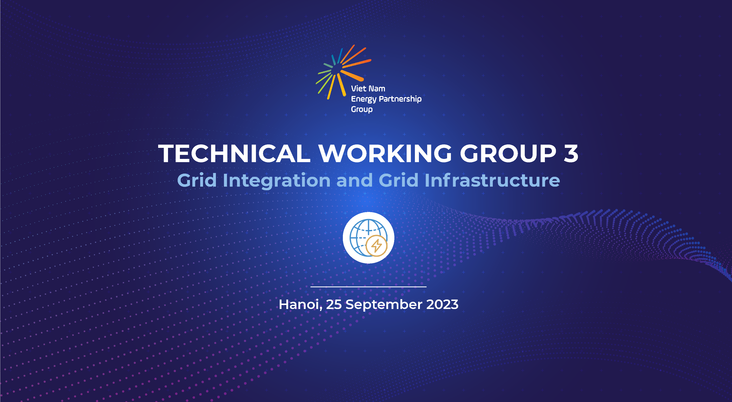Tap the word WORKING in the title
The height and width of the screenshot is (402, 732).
(x=385, y=153)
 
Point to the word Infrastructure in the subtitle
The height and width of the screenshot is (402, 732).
(x=492, y=180)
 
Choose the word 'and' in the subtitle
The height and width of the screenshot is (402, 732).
(x=354, y=180)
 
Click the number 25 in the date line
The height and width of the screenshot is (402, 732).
(x=334, y=304)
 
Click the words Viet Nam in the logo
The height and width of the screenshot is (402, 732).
(x=368, y=89)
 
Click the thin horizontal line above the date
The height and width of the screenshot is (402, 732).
(x=369, y=287)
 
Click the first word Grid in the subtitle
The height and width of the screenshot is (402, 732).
(x=197, y=180)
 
